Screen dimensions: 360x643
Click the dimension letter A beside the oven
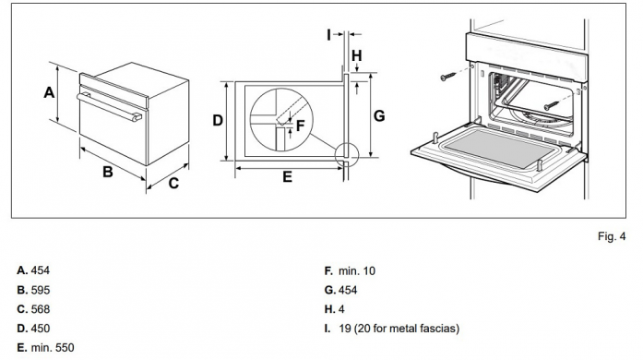(x=49, y=92)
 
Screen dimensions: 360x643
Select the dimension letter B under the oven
(x=107, y=172)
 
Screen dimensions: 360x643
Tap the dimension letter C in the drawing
(x=173, y=183)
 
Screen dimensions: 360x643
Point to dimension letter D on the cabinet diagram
(x=218, y=121)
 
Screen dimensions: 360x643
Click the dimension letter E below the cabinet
(x=287, y=176)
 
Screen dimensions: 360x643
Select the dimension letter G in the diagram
(x=379, y=116)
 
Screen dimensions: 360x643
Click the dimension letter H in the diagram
(x=356, y=56)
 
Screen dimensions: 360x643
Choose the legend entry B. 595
(x=33, y=290)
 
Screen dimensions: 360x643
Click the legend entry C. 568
(x=33, y=309)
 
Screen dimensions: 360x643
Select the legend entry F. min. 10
(x=350, y=270)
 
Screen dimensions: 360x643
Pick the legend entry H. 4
(x=335, y=309)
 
